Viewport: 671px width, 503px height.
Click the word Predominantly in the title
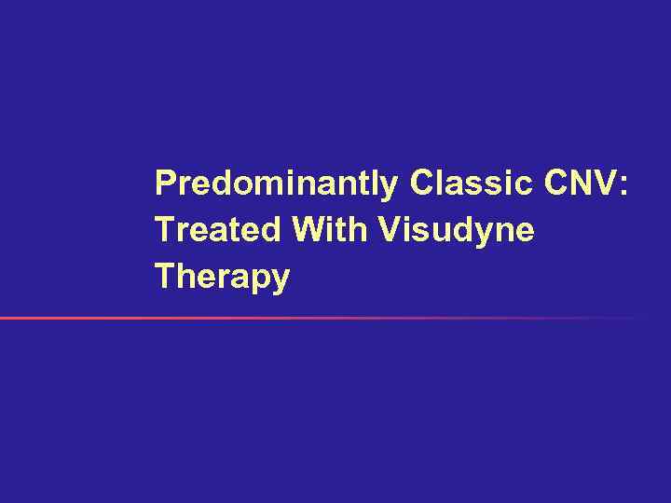(x=276, y=184)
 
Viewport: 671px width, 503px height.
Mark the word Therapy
(x=222, y=277)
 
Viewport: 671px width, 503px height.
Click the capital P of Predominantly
(x=165, y=184)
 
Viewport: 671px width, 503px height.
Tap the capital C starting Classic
(x=419, y=184)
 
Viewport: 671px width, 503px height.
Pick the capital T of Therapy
(x=164, y=277)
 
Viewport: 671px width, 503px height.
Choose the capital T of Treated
(x=164, y=230)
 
